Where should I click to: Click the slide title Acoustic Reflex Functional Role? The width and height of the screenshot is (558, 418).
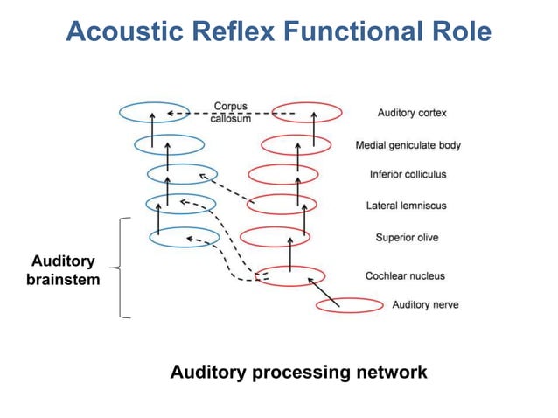pos(278,32)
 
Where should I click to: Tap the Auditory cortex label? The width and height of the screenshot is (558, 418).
pos(412,113)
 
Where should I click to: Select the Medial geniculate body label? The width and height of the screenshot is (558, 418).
pos(408,145)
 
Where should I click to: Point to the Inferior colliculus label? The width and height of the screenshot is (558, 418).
pos(408,174)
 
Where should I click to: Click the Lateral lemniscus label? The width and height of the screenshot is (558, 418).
pos(406,206)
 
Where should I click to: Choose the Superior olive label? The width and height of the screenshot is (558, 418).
pos(407,237)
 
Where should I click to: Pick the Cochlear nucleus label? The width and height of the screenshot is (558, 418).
pos(405,275)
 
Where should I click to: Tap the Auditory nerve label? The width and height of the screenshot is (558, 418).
pos(425,304)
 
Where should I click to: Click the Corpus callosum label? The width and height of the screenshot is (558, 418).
pos(230,113)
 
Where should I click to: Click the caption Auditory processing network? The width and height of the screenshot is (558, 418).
pos(298,372)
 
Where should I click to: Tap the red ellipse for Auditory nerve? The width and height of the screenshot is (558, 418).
pos(350,305)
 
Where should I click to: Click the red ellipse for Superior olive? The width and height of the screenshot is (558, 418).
pos(273,237)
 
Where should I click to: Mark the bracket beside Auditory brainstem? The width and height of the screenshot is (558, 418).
pos(122,268)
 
